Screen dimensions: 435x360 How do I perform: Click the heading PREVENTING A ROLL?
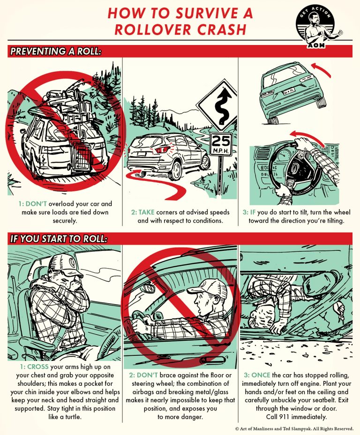(55, 51)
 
